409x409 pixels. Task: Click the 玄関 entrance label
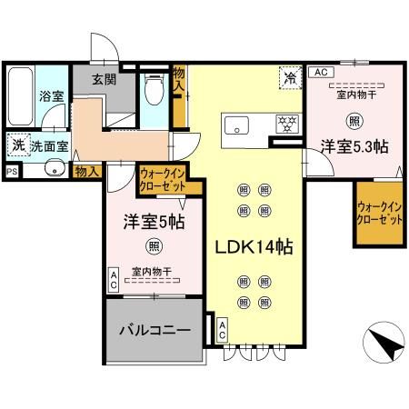pyautogui.click(x=104, y=80)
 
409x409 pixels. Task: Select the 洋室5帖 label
pyautogui.click(x=155, y=221)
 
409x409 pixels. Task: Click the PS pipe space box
pyautogui.click(x=12, y=170)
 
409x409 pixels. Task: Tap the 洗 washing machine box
pyautogui.click(x=17, y=143)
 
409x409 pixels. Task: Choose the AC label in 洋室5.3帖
pyautogui.click(x=319, y=72)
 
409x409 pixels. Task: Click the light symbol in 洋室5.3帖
pyautogui.click(x=352, y=118)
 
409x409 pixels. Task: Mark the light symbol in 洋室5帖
pyautogui.click(x=155, y=244)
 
